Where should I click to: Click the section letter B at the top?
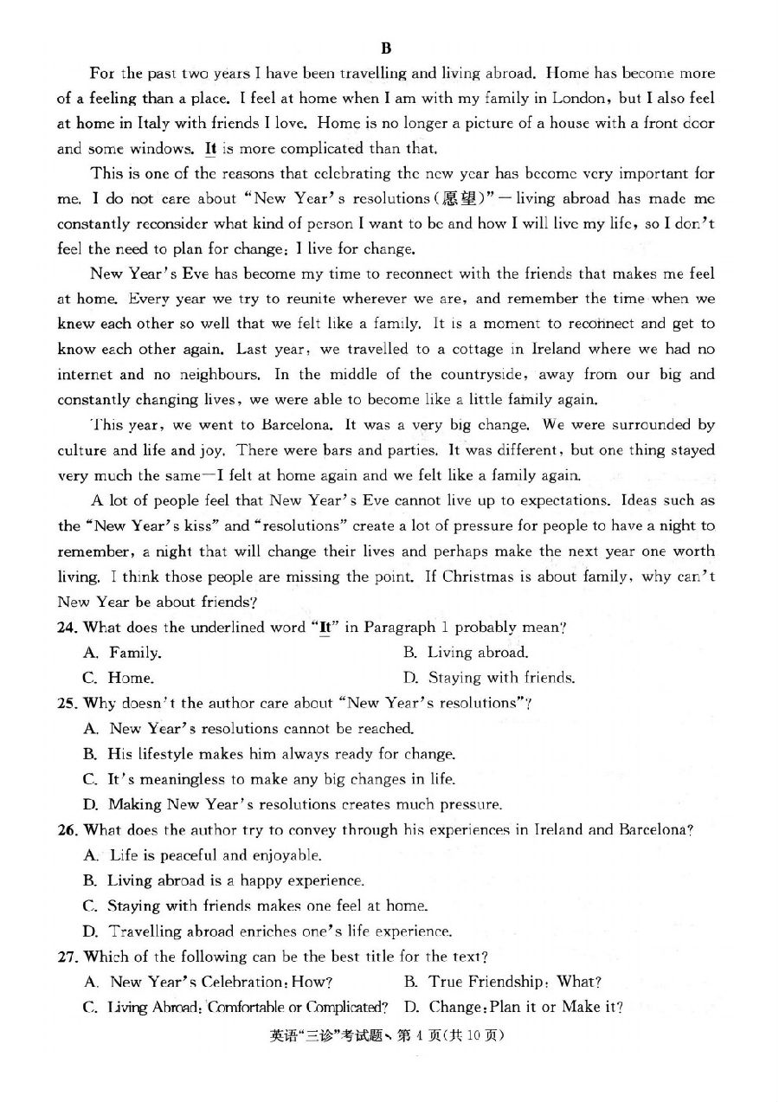tap(386, 48)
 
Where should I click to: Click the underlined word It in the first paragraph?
tap(210, 148)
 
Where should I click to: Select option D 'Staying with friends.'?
tap(500, 678)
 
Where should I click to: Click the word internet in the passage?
tap(85, 375)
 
